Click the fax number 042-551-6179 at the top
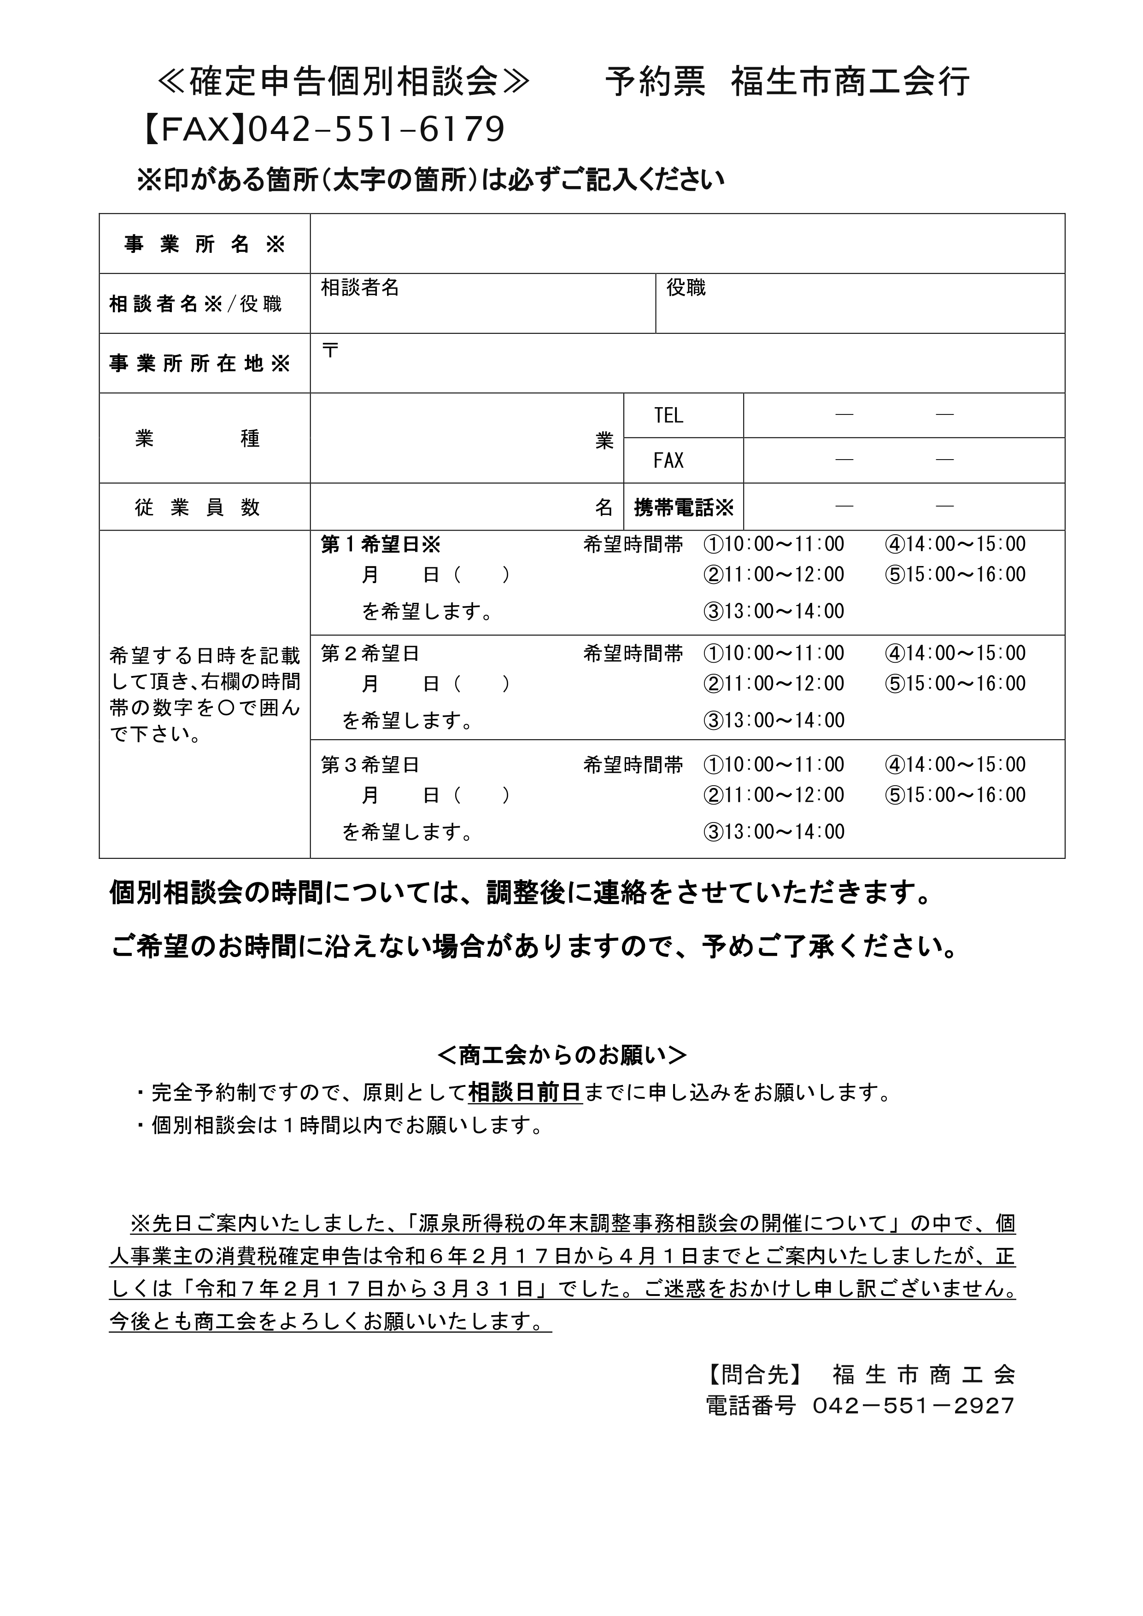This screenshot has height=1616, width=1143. [x=377, y=129]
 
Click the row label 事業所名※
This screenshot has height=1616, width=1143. [x=204, y=244]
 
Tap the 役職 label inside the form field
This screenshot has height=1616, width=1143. [x=686, y=288]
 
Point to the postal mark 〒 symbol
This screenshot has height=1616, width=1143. [x=329, y=350]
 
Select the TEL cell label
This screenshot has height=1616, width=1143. [x=668, y=416]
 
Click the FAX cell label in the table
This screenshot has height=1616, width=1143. [x=668, y=461]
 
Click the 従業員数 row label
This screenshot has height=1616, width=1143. [x=197, y=508]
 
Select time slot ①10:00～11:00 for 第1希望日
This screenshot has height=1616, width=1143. [x=773, y=544]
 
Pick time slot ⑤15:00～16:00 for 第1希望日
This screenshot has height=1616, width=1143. [x=955, y=574]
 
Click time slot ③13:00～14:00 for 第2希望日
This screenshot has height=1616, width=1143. [x=773, y=720]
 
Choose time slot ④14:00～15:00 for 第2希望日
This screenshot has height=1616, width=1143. [x=955, y=653]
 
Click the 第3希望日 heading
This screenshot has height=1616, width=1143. [x=370, y=765]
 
